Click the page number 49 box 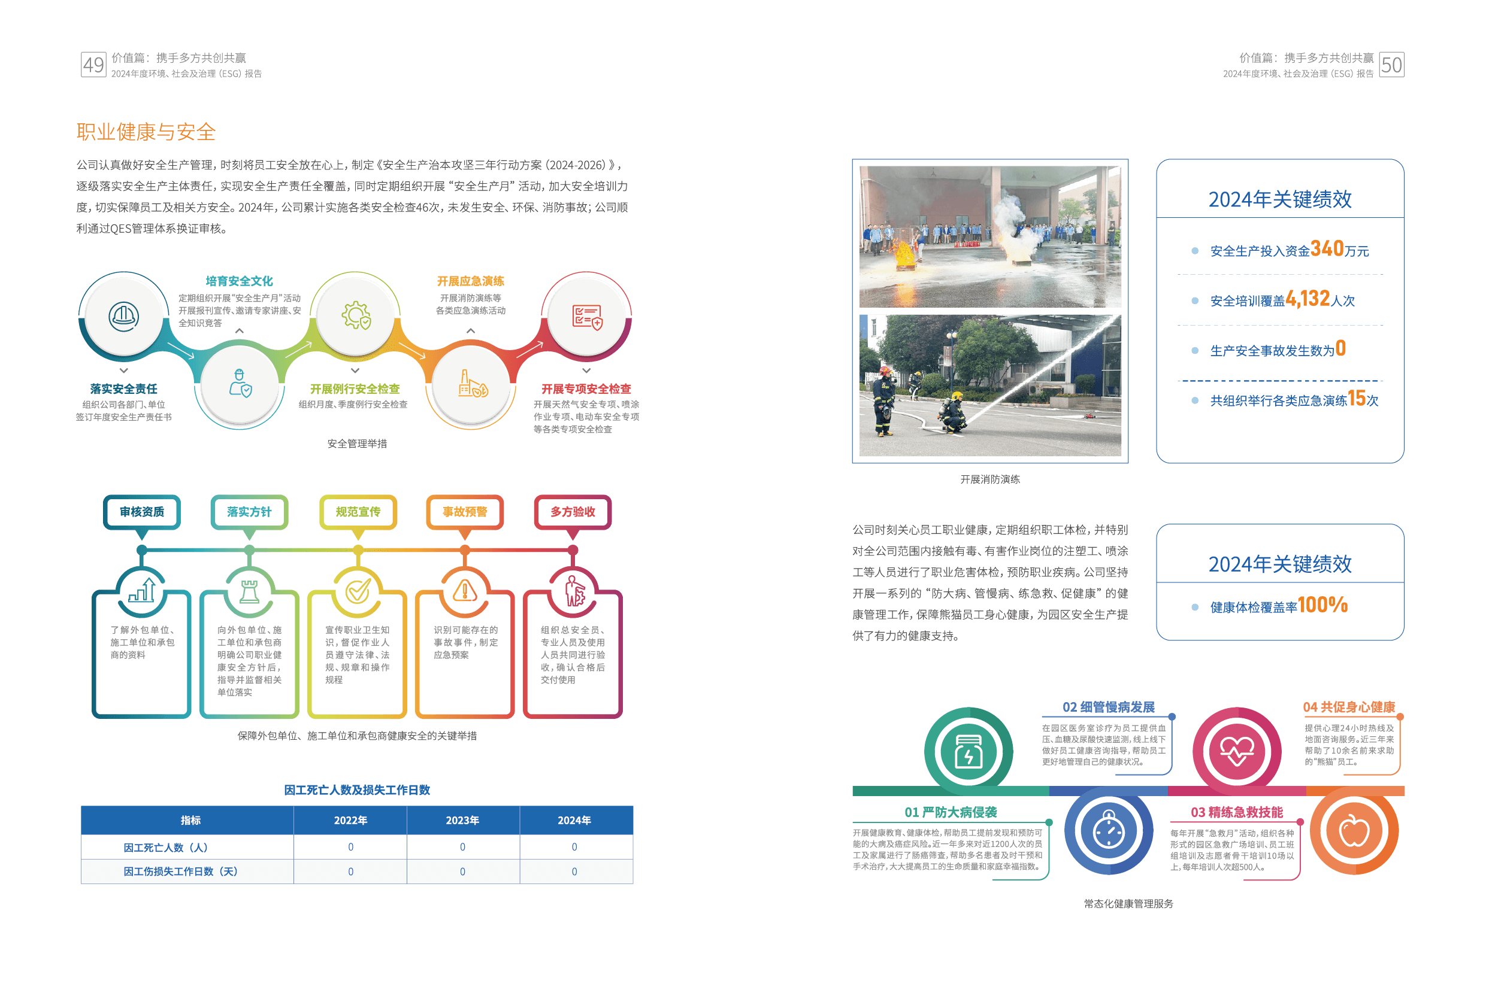93,65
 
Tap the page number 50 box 1391,65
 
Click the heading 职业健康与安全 146,132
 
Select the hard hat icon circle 123,316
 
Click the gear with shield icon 356,316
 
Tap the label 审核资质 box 142,512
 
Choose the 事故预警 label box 465,512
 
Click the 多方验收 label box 573,512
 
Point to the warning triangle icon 465,591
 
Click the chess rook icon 249,591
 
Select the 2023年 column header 462,820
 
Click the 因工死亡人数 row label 165,848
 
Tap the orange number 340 1327,248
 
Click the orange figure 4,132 1308,299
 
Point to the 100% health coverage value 1322,605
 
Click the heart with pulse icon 1237,751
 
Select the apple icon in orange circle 1354,831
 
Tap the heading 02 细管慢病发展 1108,707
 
